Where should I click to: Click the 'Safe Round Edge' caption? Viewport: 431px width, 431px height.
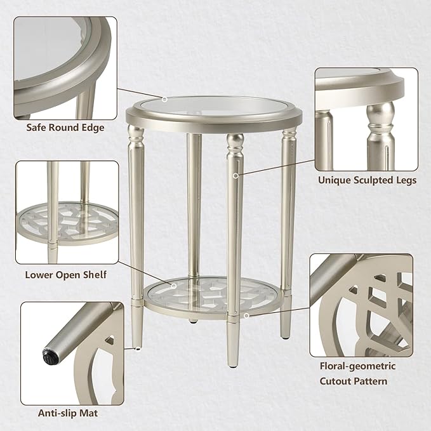[x=65, y=128]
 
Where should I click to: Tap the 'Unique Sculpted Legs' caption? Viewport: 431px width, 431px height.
[x=367, y=180]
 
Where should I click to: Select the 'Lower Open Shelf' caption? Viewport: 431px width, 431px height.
[x=65, y=275]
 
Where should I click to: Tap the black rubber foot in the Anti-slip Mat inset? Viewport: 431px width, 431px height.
[x=48, y=351]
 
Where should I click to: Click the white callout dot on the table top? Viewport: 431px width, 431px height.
[x=164, y=99]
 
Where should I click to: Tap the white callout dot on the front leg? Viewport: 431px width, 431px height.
[x=237, y=176]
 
